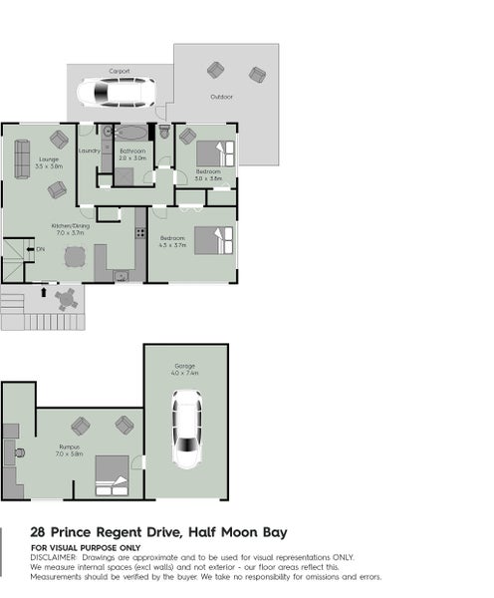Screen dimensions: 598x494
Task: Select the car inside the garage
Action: (186, 428)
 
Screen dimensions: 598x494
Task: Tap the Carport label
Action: (119, 72)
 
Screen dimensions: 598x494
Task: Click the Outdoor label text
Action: (221, 97)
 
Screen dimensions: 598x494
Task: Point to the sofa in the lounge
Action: (21, 158)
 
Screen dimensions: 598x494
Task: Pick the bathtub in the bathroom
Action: (132, 132)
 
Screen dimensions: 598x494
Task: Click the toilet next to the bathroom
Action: (165, 133)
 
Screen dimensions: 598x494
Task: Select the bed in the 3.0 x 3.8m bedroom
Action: (216, 153)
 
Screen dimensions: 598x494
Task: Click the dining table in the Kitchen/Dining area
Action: (76, 256)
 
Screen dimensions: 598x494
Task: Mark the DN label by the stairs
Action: (40, 248)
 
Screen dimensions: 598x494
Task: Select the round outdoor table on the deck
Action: (67, 297)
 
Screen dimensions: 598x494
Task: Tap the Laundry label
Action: (88, 150)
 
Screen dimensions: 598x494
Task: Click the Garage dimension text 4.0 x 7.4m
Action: (185, 373)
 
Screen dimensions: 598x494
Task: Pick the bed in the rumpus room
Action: (112, 475)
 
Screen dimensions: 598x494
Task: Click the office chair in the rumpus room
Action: (19, 451)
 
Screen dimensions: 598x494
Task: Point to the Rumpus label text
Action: (69, 448)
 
